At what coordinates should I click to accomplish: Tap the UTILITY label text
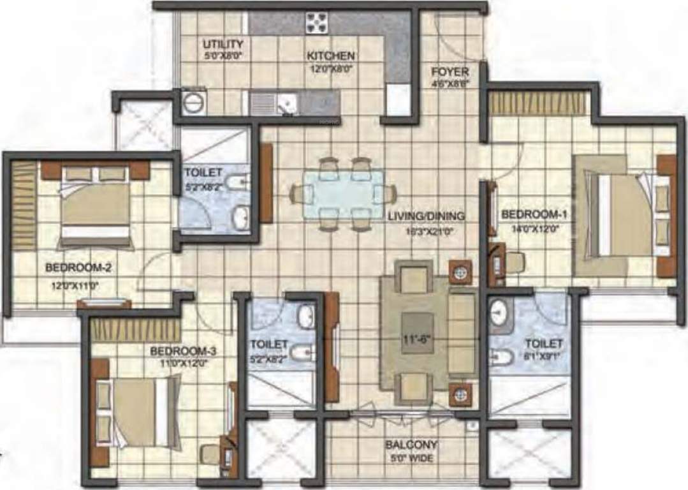pyautogui.click(x=223, y=44)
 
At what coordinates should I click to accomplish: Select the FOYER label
pyautogui.click(x=450, y=71)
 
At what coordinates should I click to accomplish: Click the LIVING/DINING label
pyautogui.click(x=426, y=216)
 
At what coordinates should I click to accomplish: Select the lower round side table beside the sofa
pyautogui.click(x=459, y=394)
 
